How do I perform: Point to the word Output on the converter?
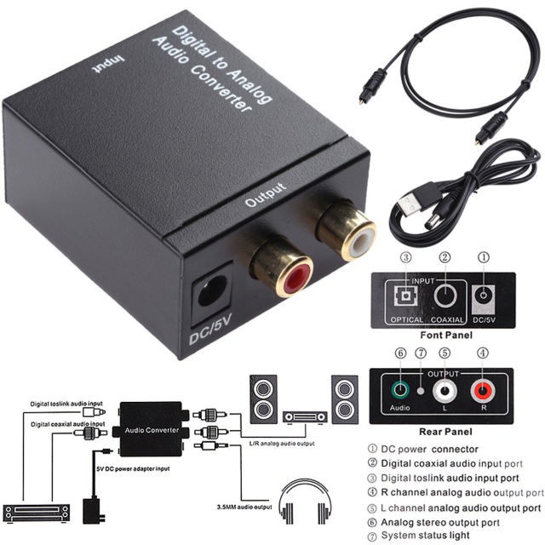point(266,195)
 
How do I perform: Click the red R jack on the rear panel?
point(483,392)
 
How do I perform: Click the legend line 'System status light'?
point(430,536)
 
